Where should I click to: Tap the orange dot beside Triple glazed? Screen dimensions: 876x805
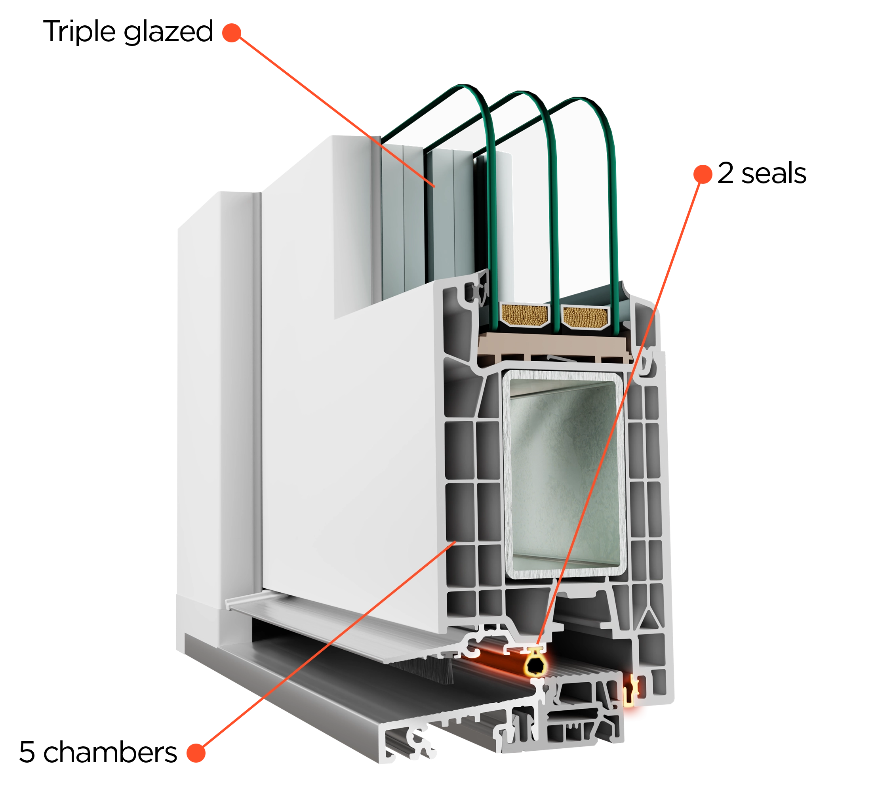pos(232,32)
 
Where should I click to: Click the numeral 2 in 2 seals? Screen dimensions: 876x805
pos(726,173)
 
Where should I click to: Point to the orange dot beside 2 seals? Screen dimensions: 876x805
pos(703,174)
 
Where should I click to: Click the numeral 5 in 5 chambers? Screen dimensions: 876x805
pos(27,752)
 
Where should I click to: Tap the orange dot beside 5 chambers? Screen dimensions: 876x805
pos(196,753)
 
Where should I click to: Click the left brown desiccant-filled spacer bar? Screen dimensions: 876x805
pos(524,315)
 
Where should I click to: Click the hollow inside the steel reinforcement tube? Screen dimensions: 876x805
pos(565,475)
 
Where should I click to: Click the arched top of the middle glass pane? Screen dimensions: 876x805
pos(522,93)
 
